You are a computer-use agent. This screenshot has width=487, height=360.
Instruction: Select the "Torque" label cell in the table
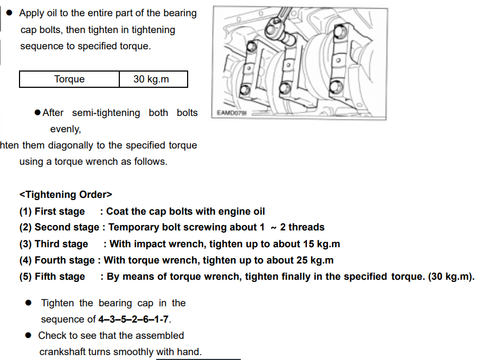click(69, 79)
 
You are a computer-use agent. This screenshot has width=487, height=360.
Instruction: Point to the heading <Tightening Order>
click(66, 195)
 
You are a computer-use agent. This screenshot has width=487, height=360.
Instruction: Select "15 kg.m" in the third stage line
click(317, 244)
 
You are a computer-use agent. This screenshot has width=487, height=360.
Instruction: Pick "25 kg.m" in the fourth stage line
click(311, 260)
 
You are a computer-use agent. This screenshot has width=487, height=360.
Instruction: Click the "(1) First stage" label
click(52, 211)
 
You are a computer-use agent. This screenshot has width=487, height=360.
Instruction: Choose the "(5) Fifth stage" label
click(52, 277)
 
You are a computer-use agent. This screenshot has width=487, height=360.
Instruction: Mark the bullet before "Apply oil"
click(9, 13)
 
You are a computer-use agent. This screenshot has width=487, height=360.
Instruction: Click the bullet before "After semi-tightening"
click(37, 113)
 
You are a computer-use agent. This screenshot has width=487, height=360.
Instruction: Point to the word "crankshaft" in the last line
click(62, 352)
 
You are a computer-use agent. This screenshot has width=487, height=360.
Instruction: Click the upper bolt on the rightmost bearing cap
click(341, 34)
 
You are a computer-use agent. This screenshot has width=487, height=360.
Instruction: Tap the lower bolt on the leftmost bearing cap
click(245, 89)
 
